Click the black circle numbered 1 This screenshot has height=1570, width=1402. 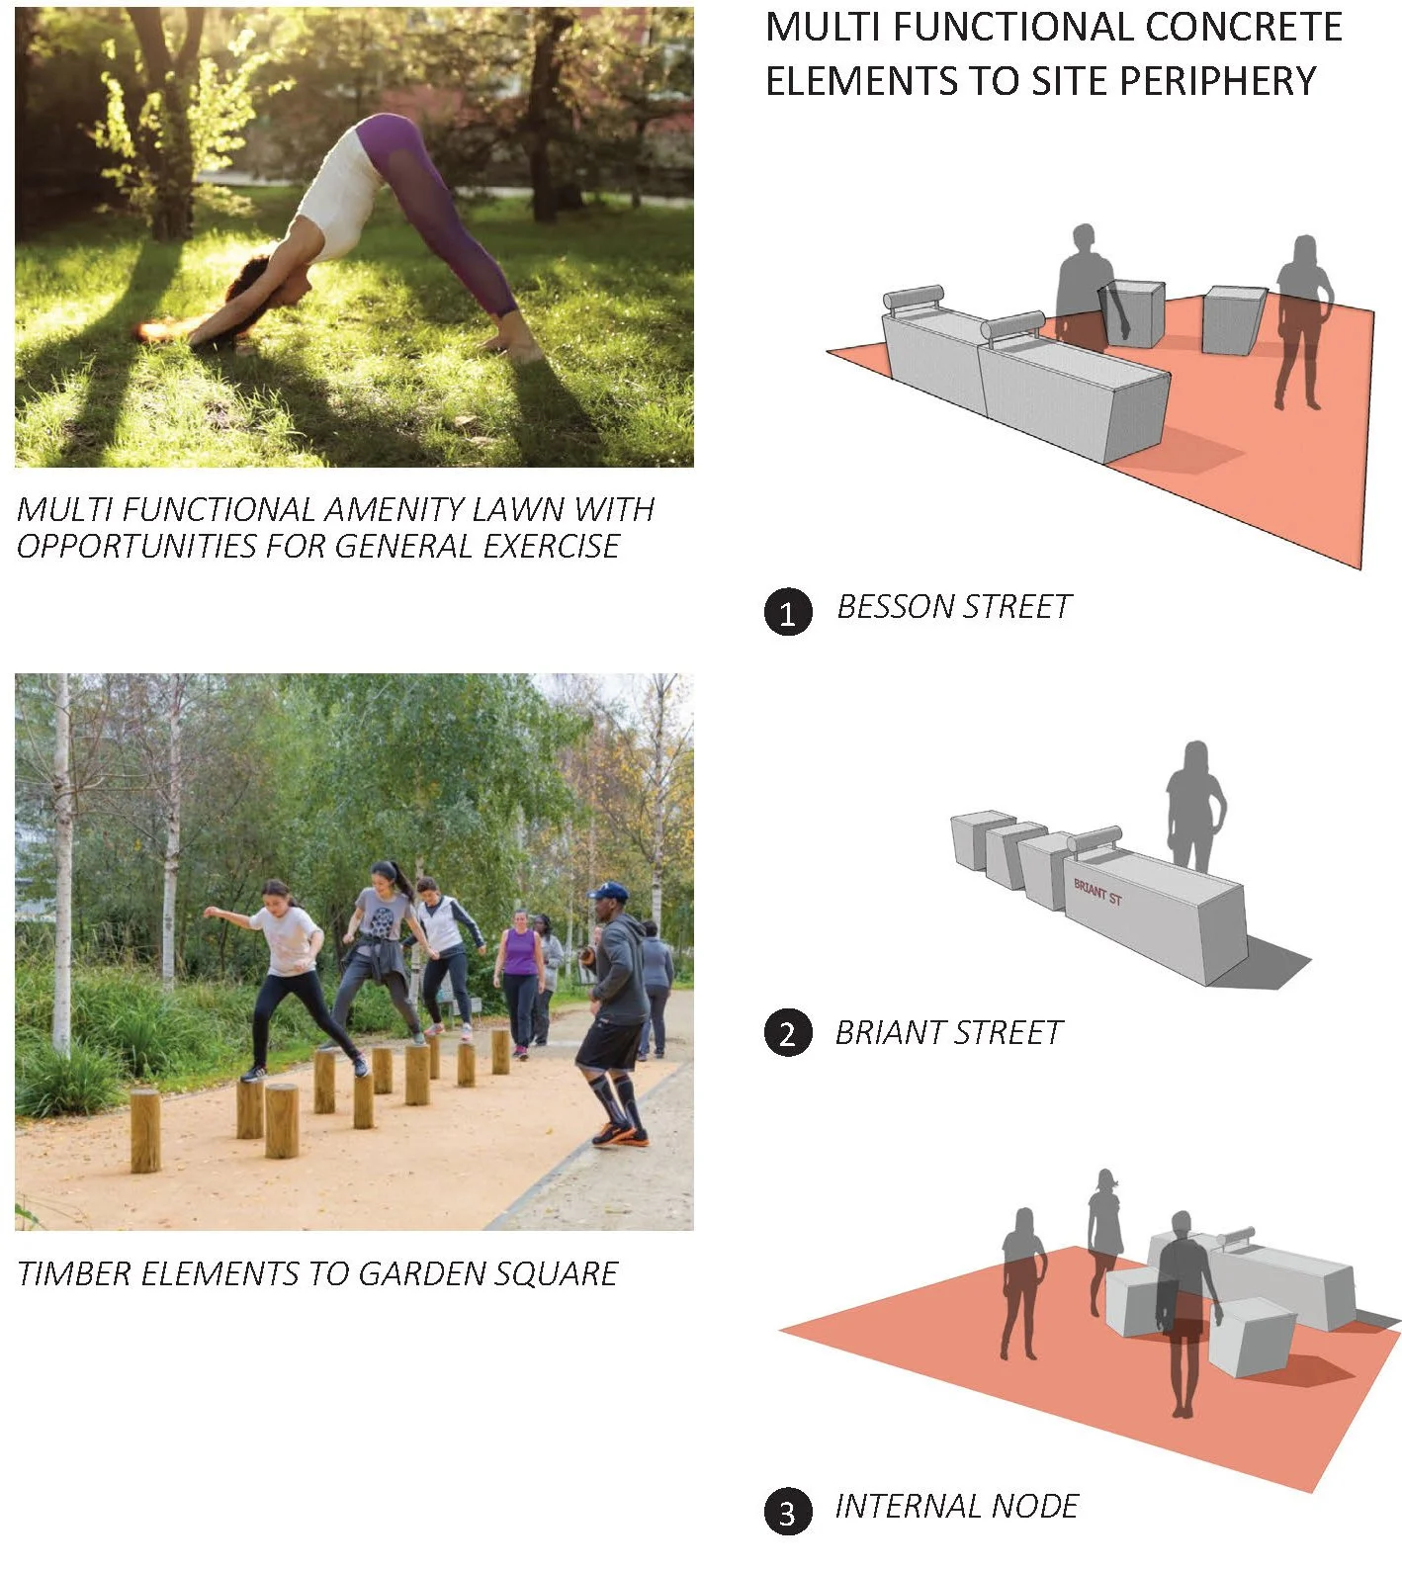pos(788,612)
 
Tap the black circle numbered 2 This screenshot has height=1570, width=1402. pos(788,1033)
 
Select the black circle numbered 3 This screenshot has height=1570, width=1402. pos(788,1512)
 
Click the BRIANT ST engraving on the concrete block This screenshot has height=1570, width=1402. pos(1097,892)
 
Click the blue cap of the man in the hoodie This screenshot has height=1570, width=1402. pos(608,892)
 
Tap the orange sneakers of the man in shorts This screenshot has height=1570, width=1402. pos(620,1134)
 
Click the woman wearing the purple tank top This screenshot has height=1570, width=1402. pos(520,979)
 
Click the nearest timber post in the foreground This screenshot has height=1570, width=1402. pos(145,1130)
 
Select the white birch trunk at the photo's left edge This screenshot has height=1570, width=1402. pos(62,870)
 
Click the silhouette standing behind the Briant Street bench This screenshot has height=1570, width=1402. pos(1195,806)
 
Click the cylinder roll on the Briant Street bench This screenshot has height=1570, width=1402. pos(1094,839)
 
